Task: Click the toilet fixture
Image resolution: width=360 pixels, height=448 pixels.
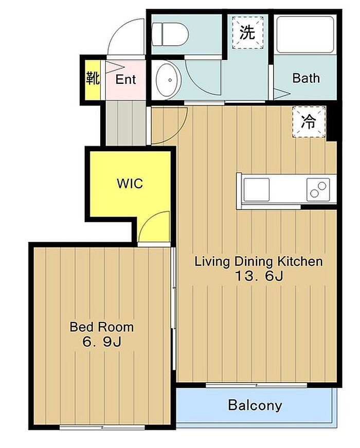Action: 170,34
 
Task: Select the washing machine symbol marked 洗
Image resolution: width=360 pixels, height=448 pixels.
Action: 247,32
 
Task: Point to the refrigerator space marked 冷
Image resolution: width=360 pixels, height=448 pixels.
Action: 309,122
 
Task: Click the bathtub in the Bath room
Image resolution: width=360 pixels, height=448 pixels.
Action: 305,35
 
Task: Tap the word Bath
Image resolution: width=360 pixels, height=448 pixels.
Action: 306,78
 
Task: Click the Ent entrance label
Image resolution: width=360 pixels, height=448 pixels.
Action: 125,79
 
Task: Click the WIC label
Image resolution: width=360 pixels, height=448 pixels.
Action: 130,184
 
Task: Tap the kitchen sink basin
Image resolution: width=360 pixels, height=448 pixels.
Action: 256,189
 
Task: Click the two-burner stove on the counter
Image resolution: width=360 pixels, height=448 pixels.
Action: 318,190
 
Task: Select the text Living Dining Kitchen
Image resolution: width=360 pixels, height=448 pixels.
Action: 259,261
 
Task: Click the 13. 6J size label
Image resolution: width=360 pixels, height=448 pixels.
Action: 259,276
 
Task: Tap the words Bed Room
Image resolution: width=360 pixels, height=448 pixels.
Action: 102,327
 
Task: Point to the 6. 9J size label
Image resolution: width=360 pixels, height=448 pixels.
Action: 102,342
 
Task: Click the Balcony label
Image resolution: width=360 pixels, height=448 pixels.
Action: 255,405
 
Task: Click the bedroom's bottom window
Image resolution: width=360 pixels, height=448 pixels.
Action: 102,427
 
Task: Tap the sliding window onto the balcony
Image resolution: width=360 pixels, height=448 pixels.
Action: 257,385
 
